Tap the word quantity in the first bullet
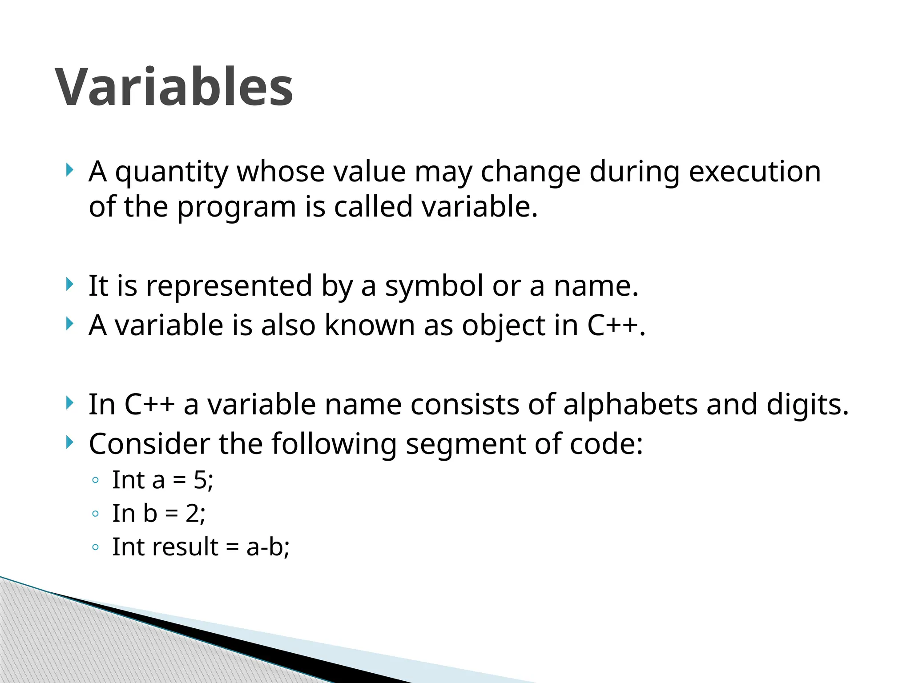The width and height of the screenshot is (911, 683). [172, 173]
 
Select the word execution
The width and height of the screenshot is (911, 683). [754, 172]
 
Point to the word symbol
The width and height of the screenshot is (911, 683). [434, 286]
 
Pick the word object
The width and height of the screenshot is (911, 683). [503, 326]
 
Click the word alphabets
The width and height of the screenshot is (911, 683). [630, 405]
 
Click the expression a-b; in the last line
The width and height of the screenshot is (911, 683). [268, 547]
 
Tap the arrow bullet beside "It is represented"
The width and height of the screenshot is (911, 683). [69, 284]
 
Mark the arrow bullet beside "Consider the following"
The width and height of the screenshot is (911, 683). [69, 442]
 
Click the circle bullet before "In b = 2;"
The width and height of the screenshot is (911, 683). [95, 514]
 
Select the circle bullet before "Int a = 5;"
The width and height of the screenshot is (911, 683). [95, 481]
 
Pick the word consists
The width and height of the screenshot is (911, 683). [465, 405]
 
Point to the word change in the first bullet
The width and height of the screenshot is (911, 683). [530, 173]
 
